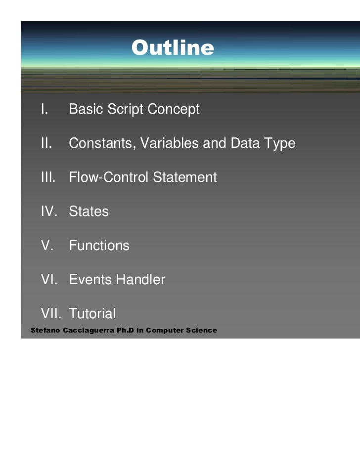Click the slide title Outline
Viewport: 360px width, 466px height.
[173, 48]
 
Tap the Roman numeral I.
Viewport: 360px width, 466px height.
[44, 109]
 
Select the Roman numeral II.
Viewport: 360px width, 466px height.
[46, 143]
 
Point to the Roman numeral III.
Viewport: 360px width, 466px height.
[48, 177]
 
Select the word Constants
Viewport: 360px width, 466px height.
[101, 143]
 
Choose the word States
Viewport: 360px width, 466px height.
[89, 212]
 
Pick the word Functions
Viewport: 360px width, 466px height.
[99, 246]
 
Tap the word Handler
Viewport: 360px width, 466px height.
[140, 280]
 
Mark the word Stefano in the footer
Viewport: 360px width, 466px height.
[45, 330]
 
